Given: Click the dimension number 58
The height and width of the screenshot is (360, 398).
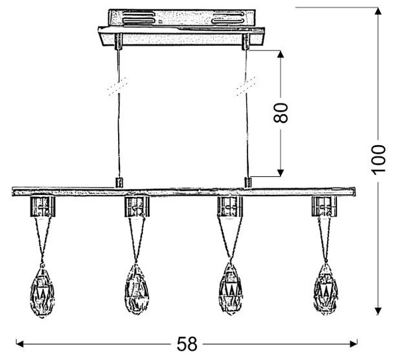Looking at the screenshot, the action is [187, 344].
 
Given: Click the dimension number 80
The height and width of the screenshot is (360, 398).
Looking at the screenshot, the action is [281, 113].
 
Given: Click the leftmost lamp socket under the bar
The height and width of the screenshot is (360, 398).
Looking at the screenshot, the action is [42, 206].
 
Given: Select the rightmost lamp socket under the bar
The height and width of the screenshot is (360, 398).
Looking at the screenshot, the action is [324, 206].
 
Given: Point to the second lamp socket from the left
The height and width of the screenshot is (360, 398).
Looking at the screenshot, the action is [137, 206].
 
